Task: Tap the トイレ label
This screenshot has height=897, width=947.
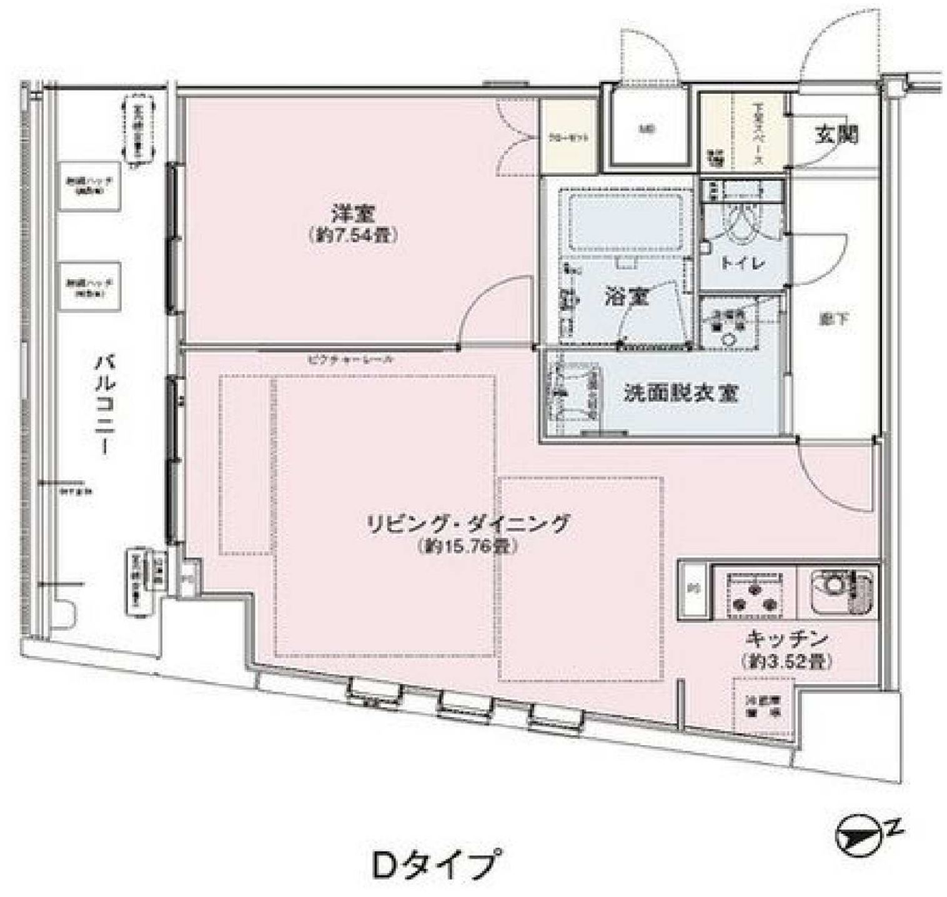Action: pyautogui.click(x=743, y=263)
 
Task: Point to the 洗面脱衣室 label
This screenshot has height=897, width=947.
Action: pyautogui.click(x=680, y=394)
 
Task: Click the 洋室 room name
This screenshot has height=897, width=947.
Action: pyautogui.click(x=353, y=214)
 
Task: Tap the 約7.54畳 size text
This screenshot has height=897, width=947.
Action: pyautogui.click(x=354, y=235)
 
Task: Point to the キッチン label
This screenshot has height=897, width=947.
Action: pyautogui.click(x=786, y=638)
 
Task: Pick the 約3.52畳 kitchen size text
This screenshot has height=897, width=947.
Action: pyautogui.click(x=786, y=661)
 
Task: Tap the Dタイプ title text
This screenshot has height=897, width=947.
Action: pyautogui.click(x=437, y=865)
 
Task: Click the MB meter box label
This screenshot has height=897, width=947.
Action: pyautogui.click(x=647, y=131)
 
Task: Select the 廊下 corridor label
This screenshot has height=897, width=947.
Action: pyautogui.click(x=833, y=319)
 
